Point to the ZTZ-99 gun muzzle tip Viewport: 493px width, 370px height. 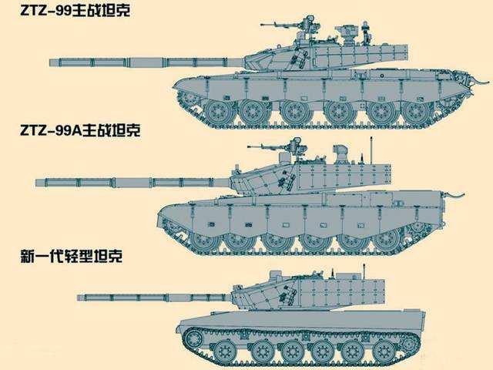pos(52,61)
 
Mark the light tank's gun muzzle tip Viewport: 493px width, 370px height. pos(79,296)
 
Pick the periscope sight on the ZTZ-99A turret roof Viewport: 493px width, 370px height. pos(339,150)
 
